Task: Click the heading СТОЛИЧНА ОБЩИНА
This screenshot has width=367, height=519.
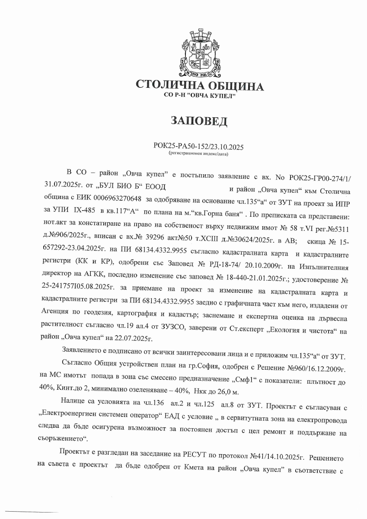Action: tap(199, 86)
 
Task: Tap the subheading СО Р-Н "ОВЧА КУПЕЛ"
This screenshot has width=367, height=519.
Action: tap(199, 95)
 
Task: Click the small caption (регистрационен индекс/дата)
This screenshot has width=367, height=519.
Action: tap(199, 154)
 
